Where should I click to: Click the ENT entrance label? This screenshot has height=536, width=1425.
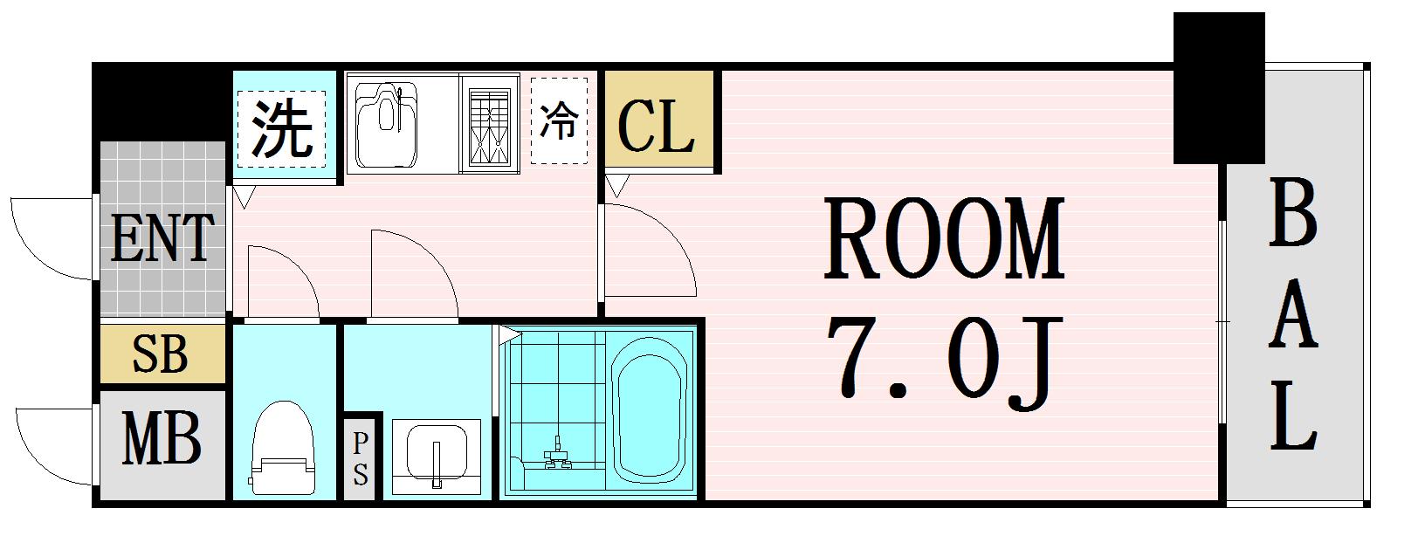pos(162,238)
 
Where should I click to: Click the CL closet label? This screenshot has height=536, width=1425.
pos(656,127)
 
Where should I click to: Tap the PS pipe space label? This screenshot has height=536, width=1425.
pos(361,458)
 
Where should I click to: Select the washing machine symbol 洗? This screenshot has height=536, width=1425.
pos(281,128)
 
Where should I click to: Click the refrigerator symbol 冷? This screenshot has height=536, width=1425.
pos(558,122)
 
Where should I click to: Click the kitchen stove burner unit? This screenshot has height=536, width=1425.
pos(490,127)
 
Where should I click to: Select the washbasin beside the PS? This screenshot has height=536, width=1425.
pos(435,454)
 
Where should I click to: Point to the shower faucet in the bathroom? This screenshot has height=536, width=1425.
pos(555,454)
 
